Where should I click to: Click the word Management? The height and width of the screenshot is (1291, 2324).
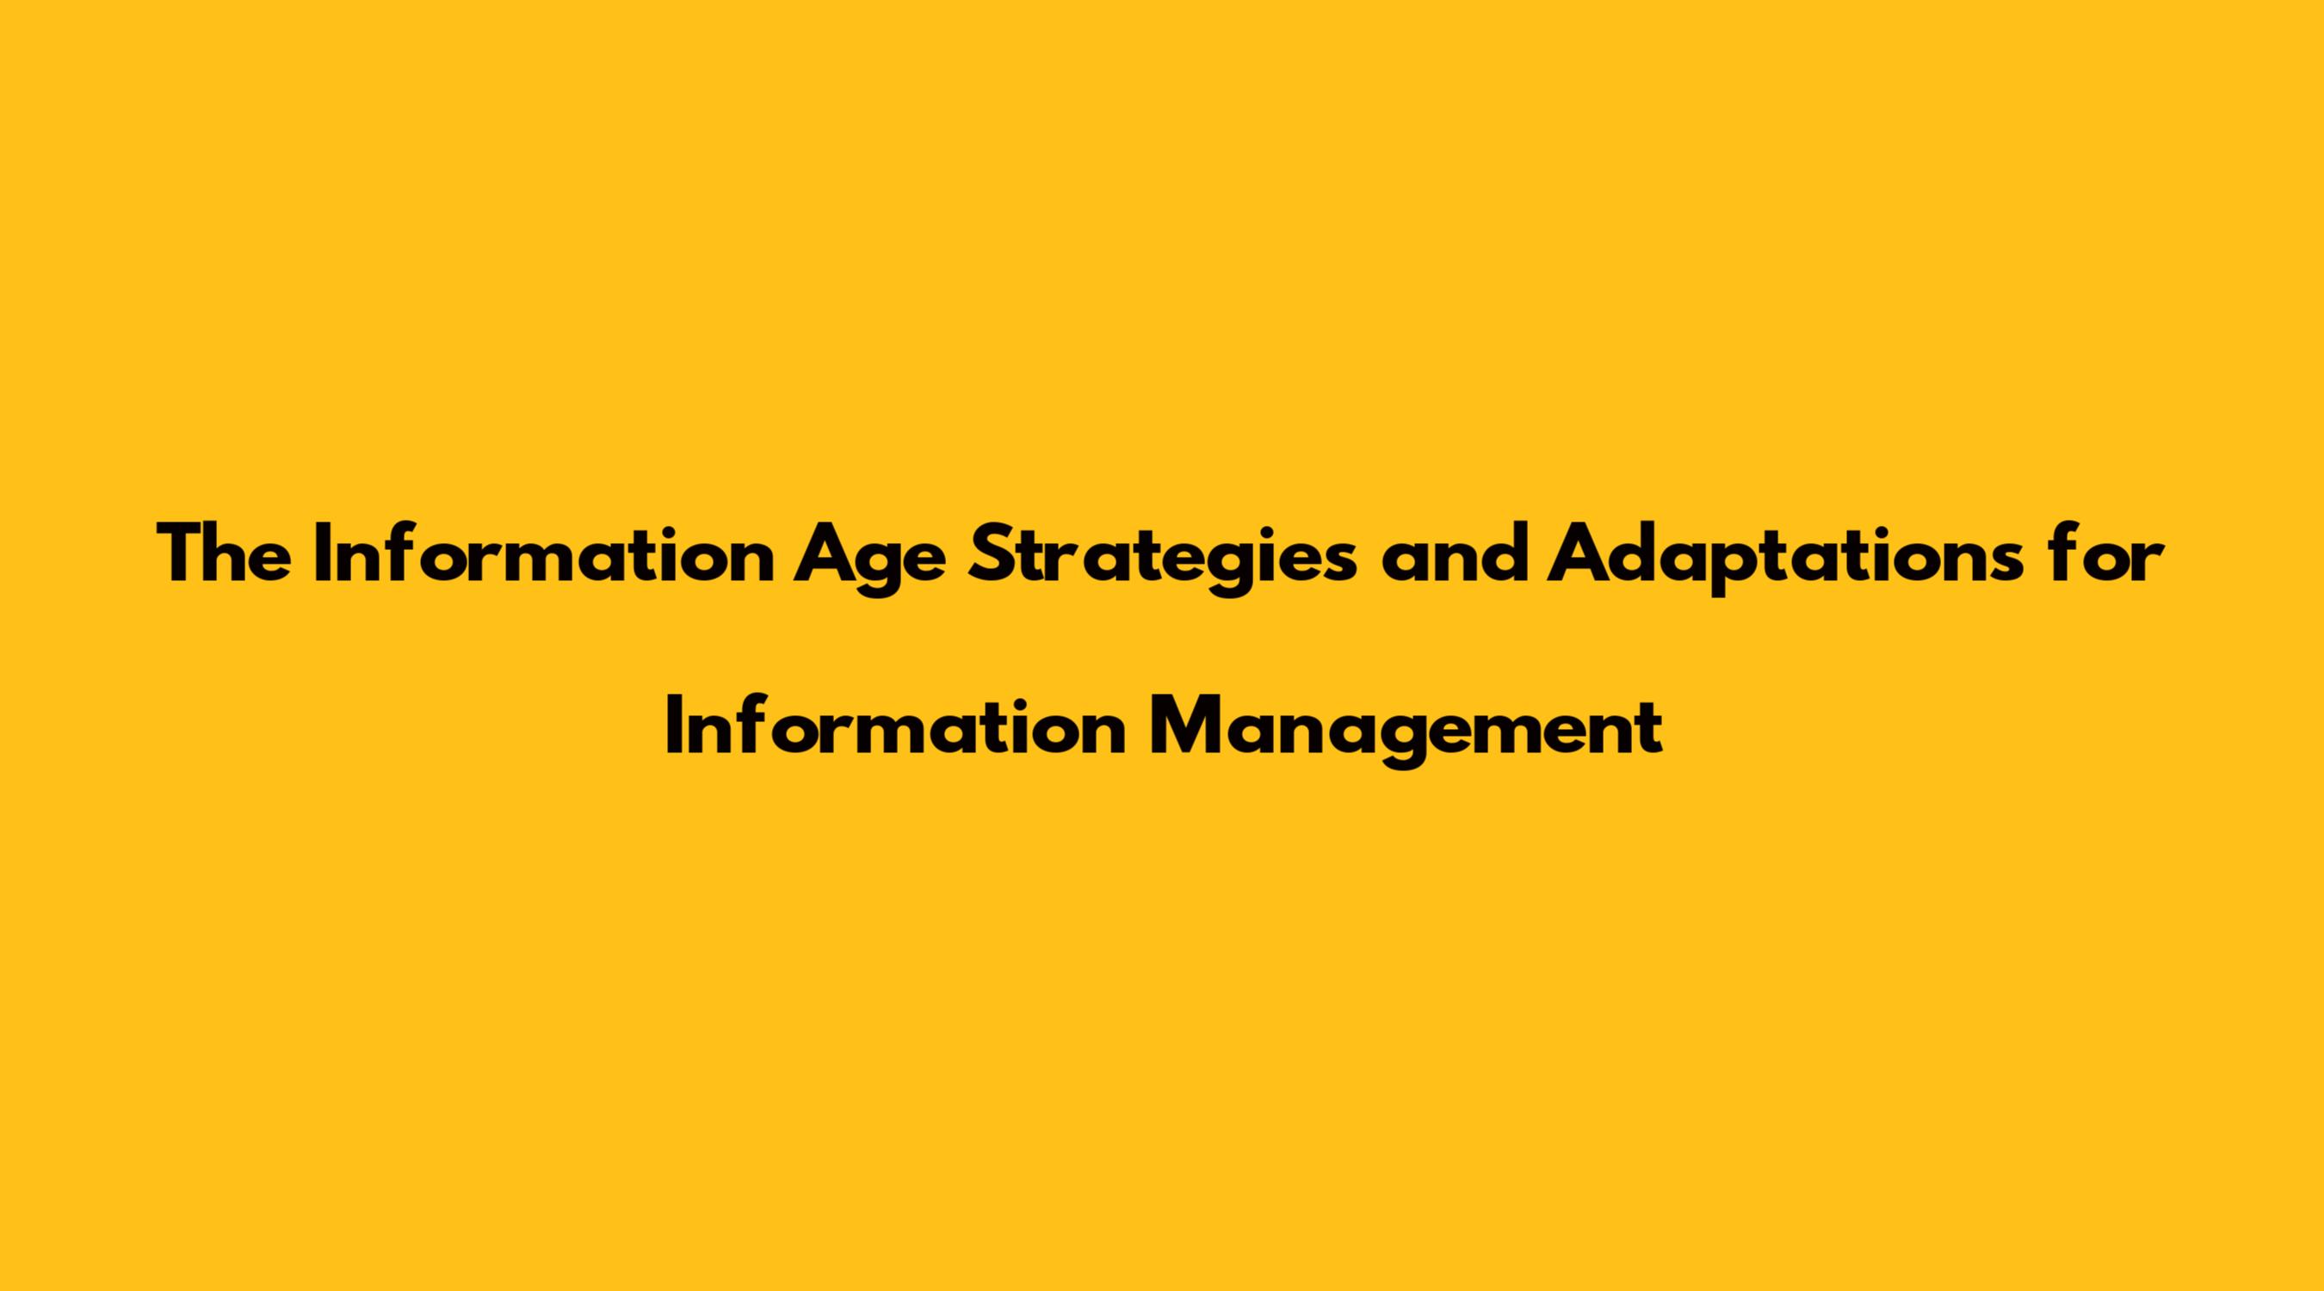tap(1405, 731)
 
